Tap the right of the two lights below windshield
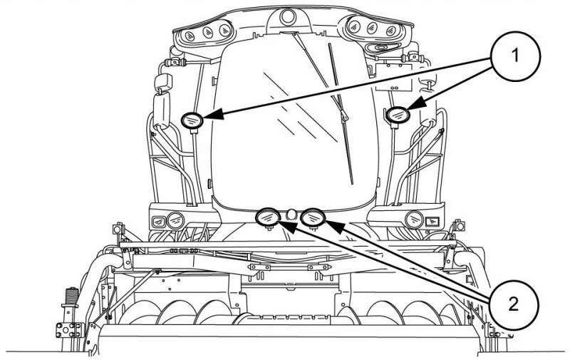point(311,215)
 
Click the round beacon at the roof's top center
point(287,16)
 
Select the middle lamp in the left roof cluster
point(208,32)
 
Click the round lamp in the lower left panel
point(174,219)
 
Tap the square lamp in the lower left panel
point(156,220)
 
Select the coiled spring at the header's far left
point(71,295)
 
